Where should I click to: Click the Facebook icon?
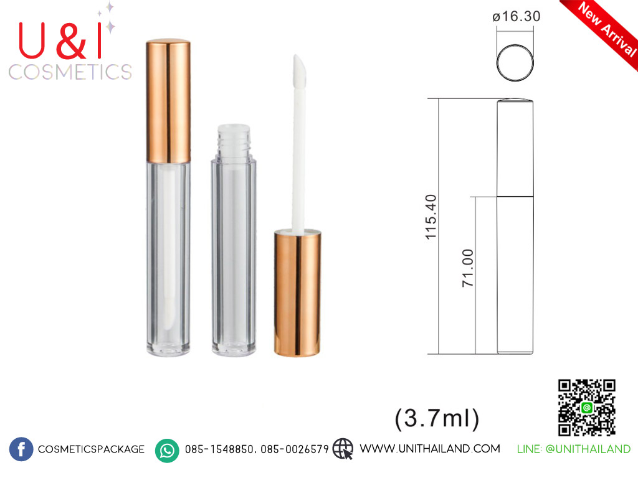[x=21, y=449]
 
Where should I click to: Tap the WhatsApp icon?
[x=167, y=451]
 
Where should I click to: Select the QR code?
[x=587, y=408]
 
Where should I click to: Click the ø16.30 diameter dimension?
[x=516, y=16]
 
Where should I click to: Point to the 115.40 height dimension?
[x=431, y=217]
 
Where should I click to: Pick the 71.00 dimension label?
[x=468, y=268]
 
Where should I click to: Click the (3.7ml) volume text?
[x=437, y=418]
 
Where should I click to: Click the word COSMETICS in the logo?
[x=70, y=72]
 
